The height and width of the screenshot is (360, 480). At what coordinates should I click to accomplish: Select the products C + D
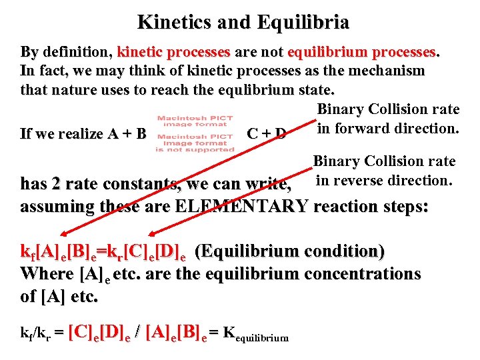pos(266,134)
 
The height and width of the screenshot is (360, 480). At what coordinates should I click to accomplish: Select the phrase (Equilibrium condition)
pos(289,252)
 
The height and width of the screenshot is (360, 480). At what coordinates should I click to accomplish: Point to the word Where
pos(47,273)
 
